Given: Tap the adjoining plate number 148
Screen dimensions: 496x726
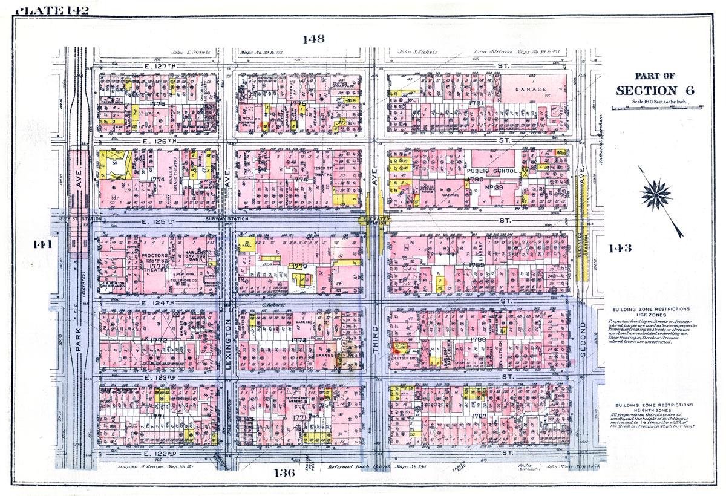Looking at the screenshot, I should tap(313, 39).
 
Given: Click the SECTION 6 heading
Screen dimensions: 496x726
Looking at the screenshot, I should tap(655, 90).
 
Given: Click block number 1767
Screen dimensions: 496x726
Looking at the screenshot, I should tap(479, 416).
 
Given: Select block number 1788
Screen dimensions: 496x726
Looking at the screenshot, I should tap(478, 340).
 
